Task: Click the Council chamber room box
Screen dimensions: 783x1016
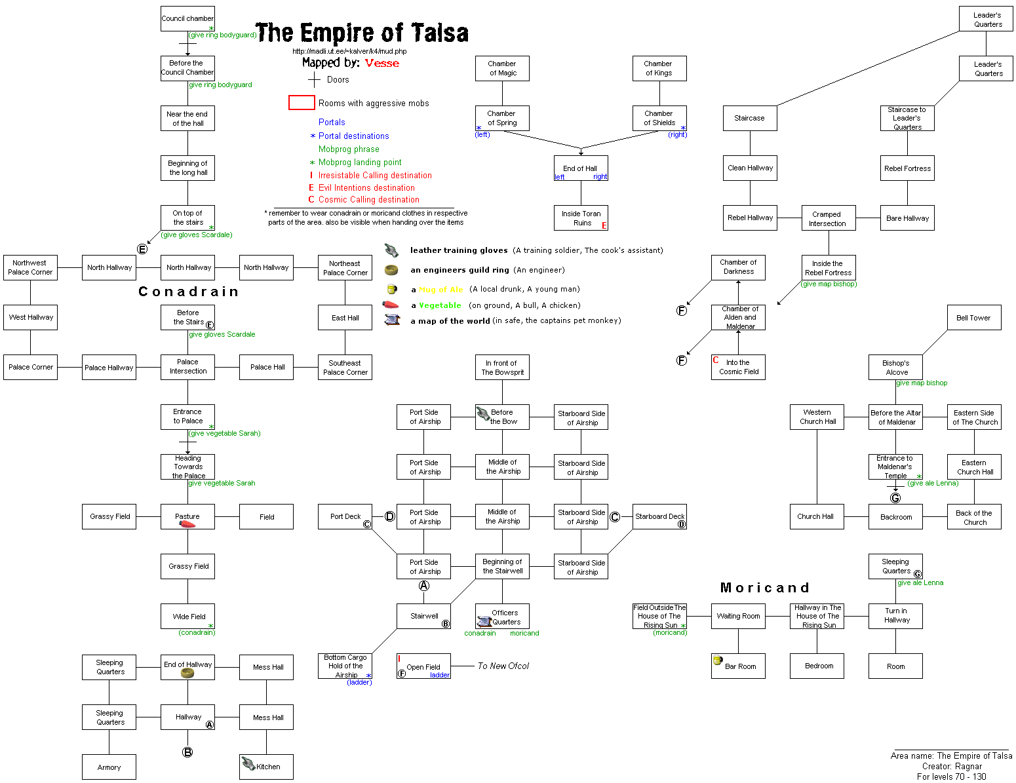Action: coord(187,18)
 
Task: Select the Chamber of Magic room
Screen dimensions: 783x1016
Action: coord(502,68)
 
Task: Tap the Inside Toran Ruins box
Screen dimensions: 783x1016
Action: coord(581,218)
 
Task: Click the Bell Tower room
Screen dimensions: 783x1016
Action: coord(973,318)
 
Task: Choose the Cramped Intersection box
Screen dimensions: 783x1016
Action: coord(827,218)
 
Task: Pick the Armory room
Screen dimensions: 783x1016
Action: coord(109,767)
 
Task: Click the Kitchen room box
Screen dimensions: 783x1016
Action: coord(266,767)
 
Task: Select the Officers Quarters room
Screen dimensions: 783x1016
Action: coord(502,617)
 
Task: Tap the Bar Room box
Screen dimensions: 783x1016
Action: coord(738,666)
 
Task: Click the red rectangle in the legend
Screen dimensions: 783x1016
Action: coord(302,103)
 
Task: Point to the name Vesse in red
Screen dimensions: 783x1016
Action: coord(381,63)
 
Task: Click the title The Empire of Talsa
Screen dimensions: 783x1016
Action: coord(362,33)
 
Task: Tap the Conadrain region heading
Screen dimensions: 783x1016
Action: coord(188,292)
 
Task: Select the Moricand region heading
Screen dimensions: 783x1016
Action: coord(764,588)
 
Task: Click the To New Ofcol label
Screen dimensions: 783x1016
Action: coord(503,666)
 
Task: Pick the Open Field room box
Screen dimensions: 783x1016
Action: coord(423,666)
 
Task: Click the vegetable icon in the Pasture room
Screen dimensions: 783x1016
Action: coord(187,524)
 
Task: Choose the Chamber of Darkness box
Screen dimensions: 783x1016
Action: coord(738,267)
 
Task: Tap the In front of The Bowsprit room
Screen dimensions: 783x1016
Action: coord(502,367)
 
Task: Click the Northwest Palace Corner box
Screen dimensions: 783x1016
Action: coord(30,267)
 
